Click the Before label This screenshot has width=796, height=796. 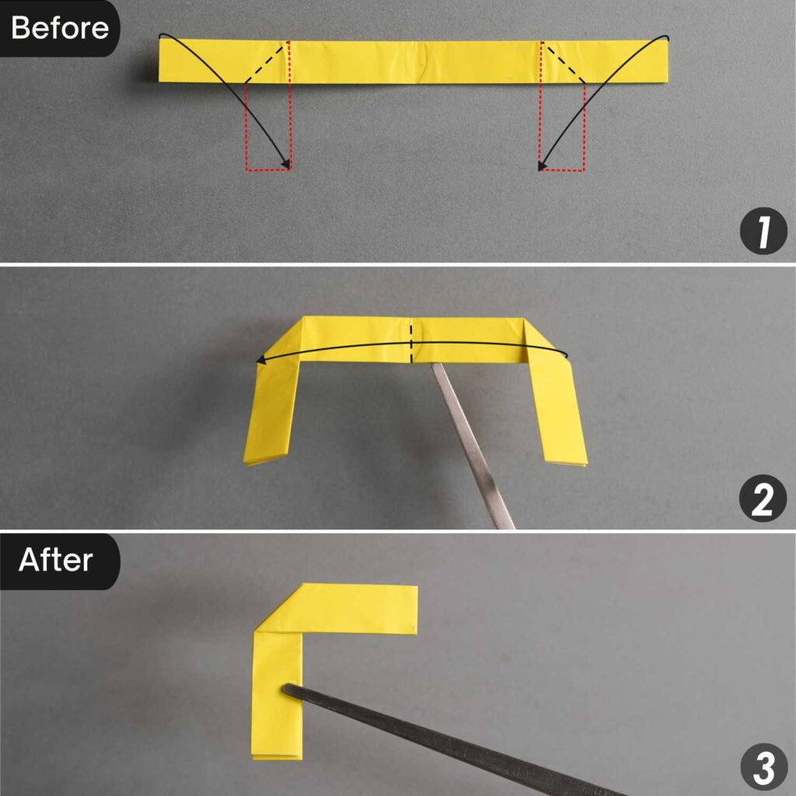tap(59, 28)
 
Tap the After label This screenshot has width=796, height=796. tap(56, 560)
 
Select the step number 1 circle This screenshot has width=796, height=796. tap(763, 234)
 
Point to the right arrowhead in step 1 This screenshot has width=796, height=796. tap(541, 166)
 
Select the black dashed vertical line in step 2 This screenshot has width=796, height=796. tap(411, 342)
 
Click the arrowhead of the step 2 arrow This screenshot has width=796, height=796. tap(260, 360)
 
